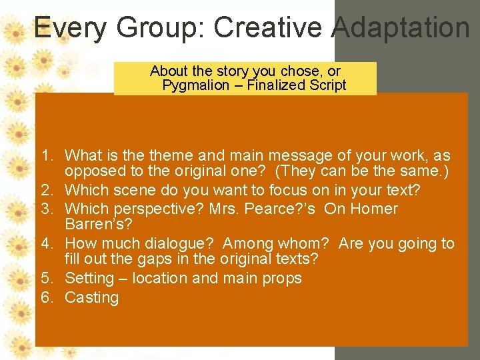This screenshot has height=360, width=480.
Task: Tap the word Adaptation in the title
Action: click(400, 28)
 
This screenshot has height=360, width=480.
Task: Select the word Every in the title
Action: click(71, 28)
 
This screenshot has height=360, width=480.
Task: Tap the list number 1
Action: click(46, 156)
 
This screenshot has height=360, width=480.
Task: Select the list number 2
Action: click(46, 191)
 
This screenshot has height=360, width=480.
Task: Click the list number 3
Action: click(46, 209)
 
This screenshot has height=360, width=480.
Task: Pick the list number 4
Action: click(46, 244)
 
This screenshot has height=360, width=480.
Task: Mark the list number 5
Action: click(46, 278)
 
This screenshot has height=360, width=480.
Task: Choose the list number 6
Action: click(46, 297)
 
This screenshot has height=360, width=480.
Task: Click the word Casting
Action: click(91, 297)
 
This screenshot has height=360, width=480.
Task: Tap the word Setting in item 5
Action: click(89, 278)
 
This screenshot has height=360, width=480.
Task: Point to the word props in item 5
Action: click(283, 278)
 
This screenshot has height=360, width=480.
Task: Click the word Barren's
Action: click(98, 225)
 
